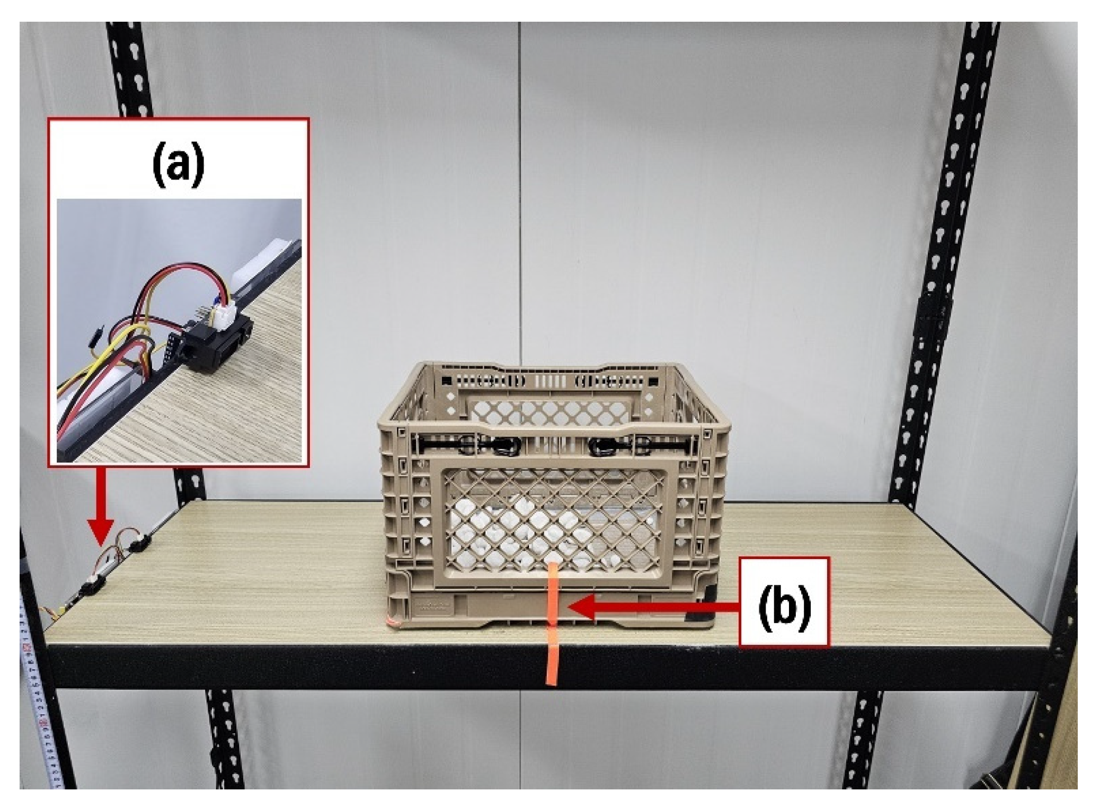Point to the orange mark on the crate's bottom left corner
[393, 621]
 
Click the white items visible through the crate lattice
[509, 529]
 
